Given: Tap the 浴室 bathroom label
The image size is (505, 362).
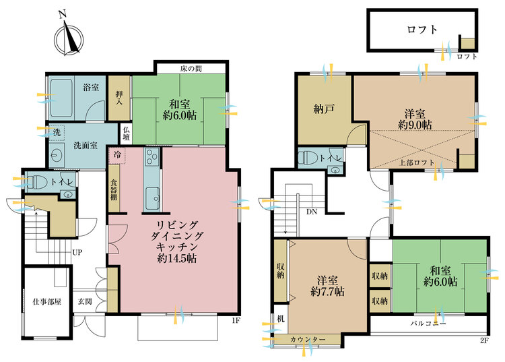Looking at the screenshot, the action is click(91, 88).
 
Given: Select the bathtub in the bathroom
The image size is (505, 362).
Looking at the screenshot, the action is click(61, 98).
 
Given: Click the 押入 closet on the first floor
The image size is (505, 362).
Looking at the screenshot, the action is click(119, 98).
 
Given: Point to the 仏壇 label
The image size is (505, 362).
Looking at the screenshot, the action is click(127, 133).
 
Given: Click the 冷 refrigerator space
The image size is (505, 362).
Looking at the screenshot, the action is click(118, 155).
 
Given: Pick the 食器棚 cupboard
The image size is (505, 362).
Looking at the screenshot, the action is click(114, 188).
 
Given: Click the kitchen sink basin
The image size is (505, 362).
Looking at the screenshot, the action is click(152, 199).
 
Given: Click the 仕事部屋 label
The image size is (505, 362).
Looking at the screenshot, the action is click(47, 302).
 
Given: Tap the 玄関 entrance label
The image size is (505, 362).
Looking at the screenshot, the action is click(85, 302).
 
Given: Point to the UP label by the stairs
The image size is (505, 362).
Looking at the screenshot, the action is click(77, 252).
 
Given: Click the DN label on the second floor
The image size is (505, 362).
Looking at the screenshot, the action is click(312, 212).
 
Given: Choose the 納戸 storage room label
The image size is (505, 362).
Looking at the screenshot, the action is click(324, 109).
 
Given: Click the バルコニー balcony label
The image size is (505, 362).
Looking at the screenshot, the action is click(428, 324).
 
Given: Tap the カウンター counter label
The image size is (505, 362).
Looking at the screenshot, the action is click(308, 340).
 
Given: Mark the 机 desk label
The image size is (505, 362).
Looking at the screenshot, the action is click(281, 319).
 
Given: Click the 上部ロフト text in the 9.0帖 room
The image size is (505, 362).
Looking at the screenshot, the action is click(417, 162).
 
